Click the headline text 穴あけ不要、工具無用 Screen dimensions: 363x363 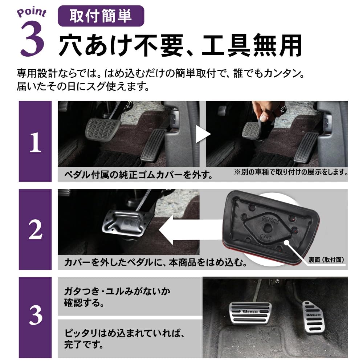tap(180, 45)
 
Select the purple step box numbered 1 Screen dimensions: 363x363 tap(35, 142)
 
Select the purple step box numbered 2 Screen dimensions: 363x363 tap(35, 229)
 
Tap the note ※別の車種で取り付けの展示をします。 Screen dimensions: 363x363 tap(290, 171)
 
